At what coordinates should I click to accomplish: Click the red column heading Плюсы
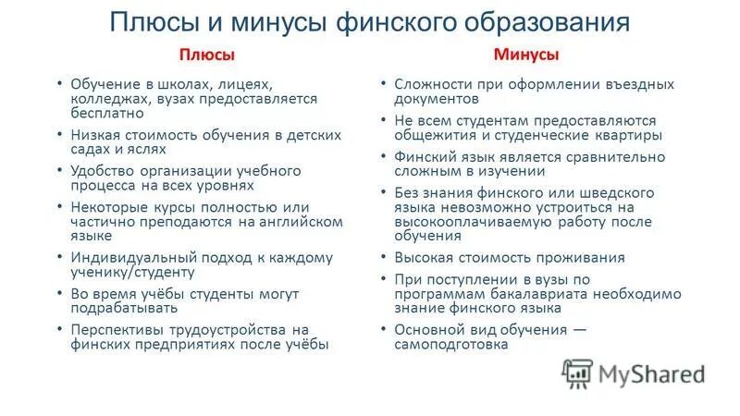[x=206, y=55]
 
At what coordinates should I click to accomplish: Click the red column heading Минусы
[x=525, y=55]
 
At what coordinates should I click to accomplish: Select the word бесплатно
[x=107, y=114]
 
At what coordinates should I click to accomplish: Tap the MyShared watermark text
[x=651, y=373]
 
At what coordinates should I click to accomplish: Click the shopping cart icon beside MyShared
[x=577, y=373]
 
